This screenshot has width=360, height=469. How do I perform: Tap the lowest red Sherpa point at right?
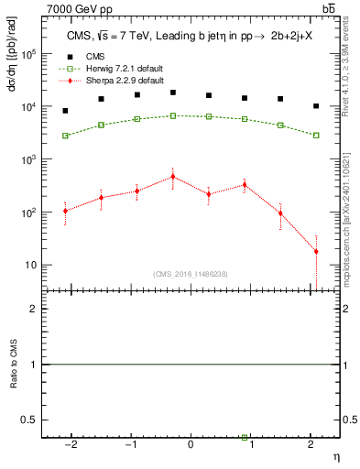pyautogui.click(x=316, y=251)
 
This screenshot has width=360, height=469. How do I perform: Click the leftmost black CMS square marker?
pyautogui.click(x=65, y=111)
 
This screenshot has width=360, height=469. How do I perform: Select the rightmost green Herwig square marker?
pyautogui.click(x=316, y=136)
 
